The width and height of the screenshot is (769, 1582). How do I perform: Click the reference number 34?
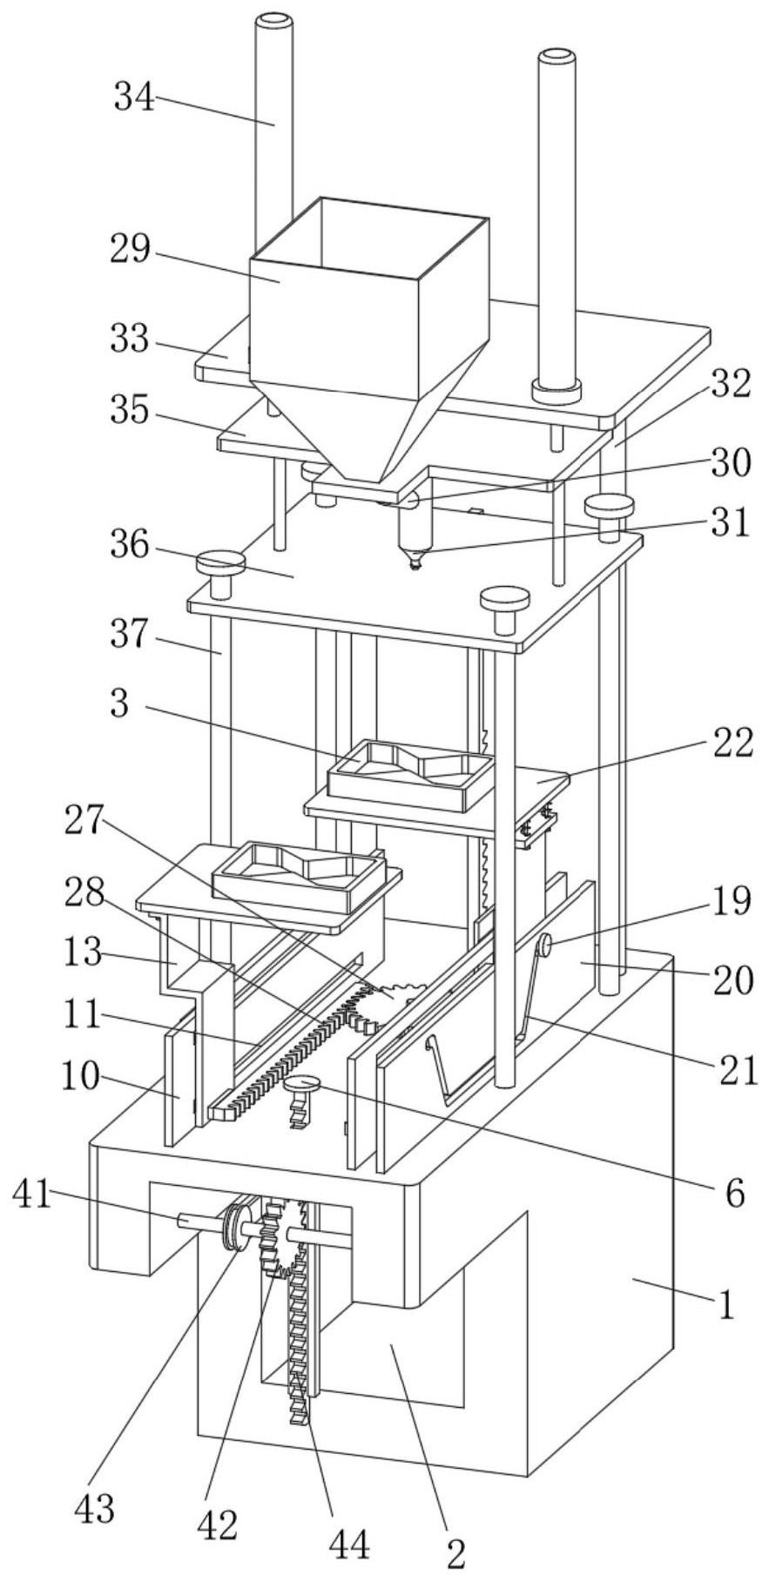click(134, 98)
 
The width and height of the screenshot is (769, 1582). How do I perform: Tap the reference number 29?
click(130, 251)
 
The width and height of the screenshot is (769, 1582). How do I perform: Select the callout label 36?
click(130, 547)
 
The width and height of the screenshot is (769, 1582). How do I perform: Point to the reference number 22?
click(729, 744)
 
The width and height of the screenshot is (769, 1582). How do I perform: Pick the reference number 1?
click(725, 1305)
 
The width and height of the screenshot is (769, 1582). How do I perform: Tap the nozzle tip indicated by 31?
click(415, 562)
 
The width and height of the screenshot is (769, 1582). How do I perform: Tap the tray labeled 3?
click(409, 771)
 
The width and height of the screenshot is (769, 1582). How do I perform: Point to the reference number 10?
click(81, 1077)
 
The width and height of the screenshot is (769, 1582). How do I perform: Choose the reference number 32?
click(731, 383)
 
